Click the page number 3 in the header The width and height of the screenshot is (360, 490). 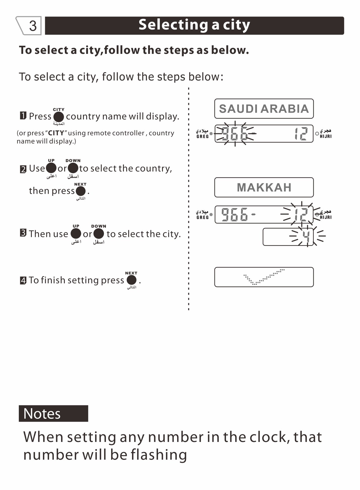coord(33,26)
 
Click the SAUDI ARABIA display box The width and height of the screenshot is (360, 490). coord(264,109)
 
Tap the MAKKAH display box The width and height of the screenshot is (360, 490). coord(264,187)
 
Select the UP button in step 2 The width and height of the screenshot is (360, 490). coord(51,168)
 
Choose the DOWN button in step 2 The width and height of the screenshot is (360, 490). coord(73,168)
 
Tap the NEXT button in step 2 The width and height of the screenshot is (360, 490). coord(80,191)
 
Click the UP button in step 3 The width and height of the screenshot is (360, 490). coord(76,234)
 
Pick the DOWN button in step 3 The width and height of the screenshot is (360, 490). coord(98,234)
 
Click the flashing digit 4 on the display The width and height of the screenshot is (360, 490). coord(306,236)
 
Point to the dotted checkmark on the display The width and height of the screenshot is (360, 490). coord(263,277)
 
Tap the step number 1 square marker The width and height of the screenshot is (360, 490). coord(23,116)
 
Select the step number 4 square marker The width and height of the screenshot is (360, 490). coord(23,280)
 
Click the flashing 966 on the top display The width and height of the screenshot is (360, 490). coord(235,134)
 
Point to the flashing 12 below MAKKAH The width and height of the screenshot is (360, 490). coord(301,215)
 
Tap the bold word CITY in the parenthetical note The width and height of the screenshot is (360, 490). coord(56,133)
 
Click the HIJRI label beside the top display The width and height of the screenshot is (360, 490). coord(326,136)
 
